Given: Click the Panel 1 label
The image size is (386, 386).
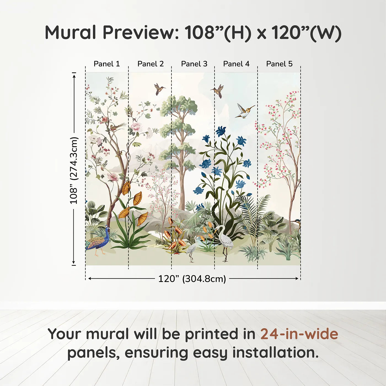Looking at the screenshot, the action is click(x=107, y=64).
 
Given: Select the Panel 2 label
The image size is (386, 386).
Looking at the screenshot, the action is click(x=151, y=64).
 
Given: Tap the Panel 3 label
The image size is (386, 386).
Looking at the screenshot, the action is click(x=194, y=64).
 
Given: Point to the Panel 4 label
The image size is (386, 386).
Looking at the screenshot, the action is click(x=236, y=64).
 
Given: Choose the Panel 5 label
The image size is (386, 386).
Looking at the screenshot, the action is click(x=279, y=64).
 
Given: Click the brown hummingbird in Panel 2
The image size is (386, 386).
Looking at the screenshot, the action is click(x=159, y=89).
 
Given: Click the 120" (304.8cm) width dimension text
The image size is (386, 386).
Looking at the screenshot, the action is click(x=192, y=279).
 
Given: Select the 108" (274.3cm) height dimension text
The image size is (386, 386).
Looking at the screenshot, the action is click(x=74, y=170).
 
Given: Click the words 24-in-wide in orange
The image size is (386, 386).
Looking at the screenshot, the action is click(x=299, y=334).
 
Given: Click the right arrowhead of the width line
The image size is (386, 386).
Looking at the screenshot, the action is click(x=297, y=278).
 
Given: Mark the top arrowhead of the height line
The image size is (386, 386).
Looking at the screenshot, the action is click(x=74, y=77).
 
